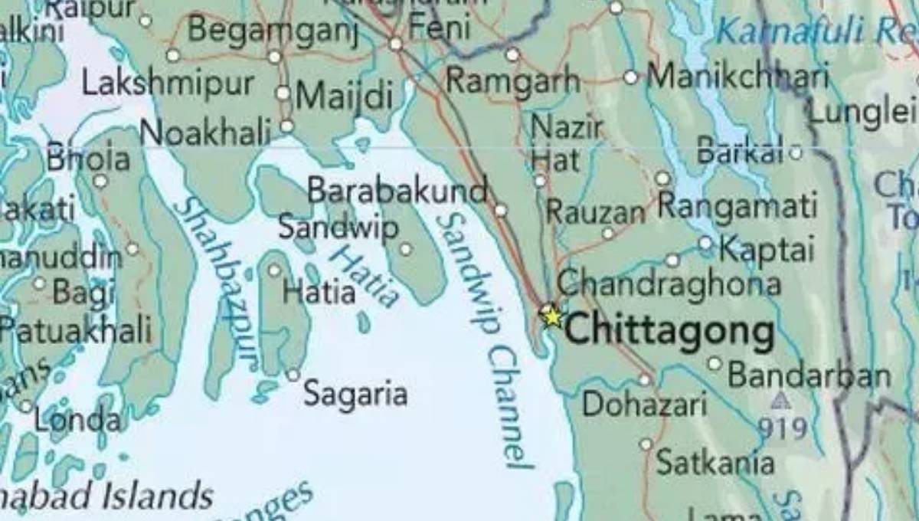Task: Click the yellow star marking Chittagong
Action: (x=550, y=315)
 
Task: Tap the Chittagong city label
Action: (x=669, y=332)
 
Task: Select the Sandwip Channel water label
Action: (x=484, y=337)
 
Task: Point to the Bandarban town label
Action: (x=809, y=375)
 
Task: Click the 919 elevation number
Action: (x=783, y=428)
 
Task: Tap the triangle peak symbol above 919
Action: (x=780, y=401)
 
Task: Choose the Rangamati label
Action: (x=737, y=206)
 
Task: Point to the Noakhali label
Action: (x=206, y=134)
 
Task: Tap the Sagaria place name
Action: (x=355, y=395)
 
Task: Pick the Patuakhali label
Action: (x=75, y=331)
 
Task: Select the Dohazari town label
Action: (x=644, y=404)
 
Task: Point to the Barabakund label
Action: (x=397, y=191)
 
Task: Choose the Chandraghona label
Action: (x=669, y=283)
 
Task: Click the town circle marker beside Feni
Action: (x=396, y=44)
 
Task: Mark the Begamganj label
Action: (x=273, y=31)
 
